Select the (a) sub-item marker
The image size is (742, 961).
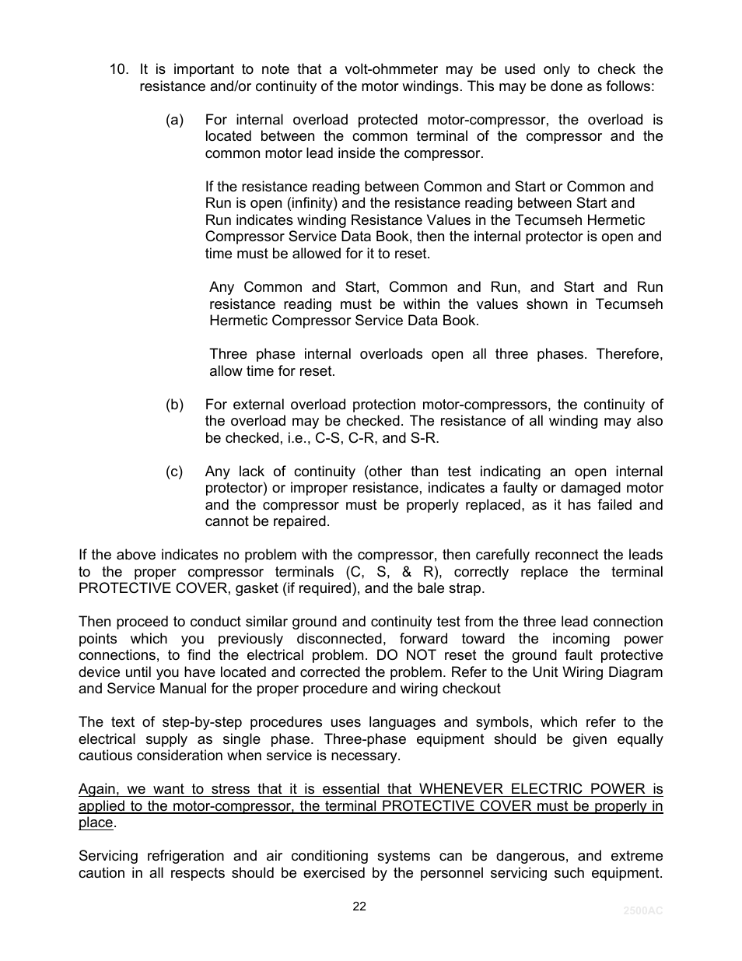(x=174, y=120)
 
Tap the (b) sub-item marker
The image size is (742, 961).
(x=174, y=405)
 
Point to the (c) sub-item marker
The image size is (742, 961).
(x=174, y=472)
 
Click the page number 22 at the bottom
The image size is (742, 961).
(x=359, y=907)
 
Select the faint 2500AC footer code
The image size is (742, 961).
(x=642, y=910)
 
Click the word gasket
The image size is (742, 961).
(x=253, y=588)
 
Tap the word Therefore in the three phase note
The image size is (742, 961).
(x=629, y=354)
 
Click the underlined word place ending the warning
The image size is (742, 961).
(x=96, y=822)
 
